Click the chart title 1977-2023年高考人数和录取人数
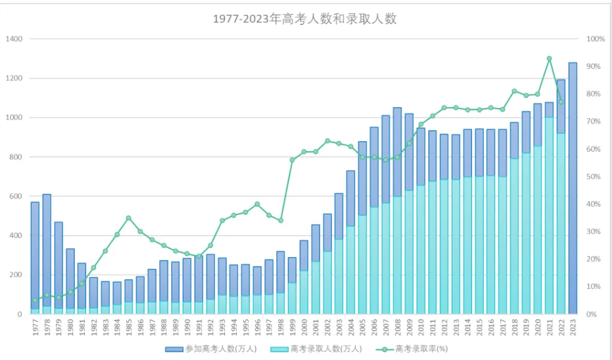pyautogui.click(x=305, y=19)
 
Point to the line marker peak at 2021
pyautogui.click(x=549, y=59)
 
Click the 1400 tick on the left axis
pyautogui.click(x=14, y=39)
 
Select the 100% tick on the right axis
pyautogui.click(x=596, y=39)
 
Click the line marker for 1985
pyautogui.click(x=129, y=218)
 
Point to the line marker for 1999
pyautogui.click(x=292, y=160)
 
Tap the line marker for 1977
pyautogui.click(x=35, y=300)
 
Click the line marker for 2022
pyautogui.click(x=561, y=102)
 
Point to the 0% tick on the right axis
pyautogui.click(x=592, y=314)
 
